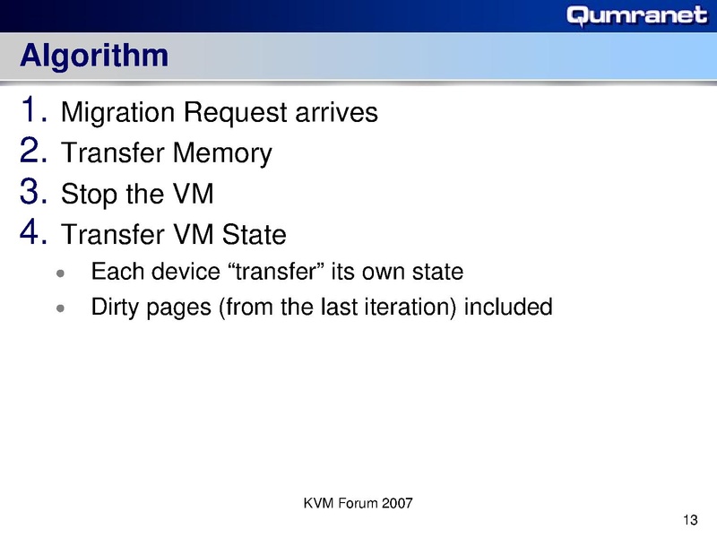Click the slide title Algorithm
tap(94, 56)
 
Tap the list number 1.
tap(32, 111)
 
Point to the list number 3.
tap(32, 192)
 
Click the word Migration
tap(117, 114)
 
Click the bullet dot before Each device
tap(60, 273)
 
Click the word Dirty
tap(112, 308)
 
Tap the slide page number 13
tap(689, 521)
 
